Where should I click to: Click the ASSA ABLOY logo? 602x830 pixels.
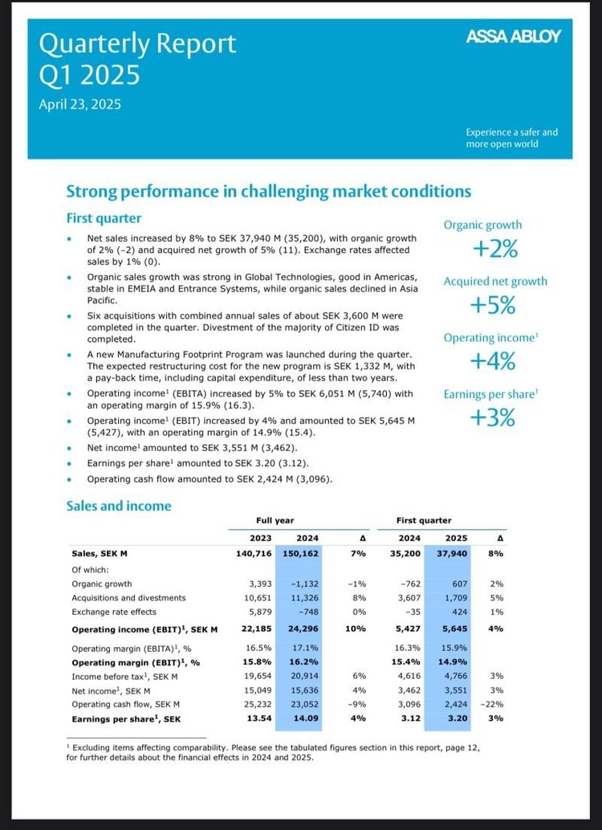pyautogui.click(x=513, y=37)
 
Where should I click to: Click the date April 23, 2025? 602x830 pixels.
pyautogui.click(x=80, y=104)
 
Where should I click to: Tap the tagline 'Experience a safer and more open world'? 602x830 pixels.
pyautogui.click(x=511, y=137)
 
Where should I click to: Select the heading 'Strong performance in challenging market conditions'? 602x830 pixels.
pyautogui.click(x=268, y=191)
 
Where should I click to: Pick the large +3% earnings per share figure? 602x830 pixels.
pyautogui.click(x=492, y=418)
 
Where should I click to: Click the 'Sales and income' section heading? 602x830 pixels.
pyautogui.click(x=119, y=506)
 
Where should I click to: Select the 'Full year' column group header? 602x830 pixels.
pyautogui.click(x=275, y=521)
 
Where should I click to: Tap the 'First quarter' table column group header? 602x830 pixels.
pyautogui.click(x=424, y=521)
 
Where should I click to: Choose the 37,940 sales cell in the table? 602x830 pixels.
pyautogui.click(x=449, y=554)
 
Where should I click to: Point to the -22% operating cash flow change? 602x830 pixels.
pyautogui.click(x=491, y=704)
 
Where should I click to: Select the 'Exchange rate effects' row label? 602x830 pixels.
pyautogui.click(x=114, y=612)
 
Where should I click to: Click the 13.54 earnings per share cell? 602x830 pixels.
pyautogui.click(x=259, y=719)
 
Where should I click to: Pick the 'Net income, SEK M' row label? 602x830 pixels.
pyautogui.click(x=112, y=690)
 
